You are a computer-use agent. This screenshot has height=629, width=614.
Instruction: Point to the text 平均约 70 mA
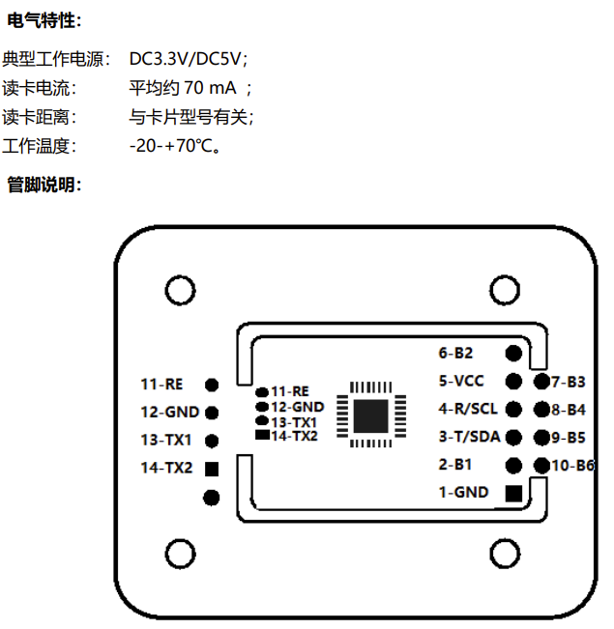(x=183, y=89)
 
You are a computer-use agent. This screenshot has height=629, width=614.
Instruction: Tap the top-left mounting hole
(x=179, y=288)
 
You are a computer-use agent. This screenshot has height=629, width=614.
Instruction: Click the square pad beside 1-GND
(x=513, y=493)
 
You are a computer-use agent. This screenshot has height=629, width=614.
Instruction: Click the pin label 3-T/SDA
(x=468, y=437)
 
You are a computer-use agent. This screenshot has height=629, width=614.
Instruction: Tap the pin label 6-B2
(x=455, y=353)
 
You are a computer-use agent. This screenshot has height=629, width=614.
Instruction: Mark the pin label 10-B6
(x=572, y=465)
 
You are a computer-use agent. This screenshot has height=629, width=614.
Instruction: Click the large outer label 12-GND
(x=169, y=412)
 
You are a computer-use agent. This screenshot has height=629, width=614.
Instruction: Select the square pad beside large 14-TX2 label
(x=212, y=470)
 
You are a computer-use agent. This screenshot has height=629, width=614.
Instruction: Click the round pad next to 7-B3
(x=541, y=382)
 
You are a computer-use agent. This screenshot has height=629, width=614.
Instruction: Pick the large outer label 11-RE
(x=161, y=384)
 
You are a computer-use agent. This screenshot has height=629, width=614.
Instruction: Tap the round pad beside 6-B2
(x=513, y=354)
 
